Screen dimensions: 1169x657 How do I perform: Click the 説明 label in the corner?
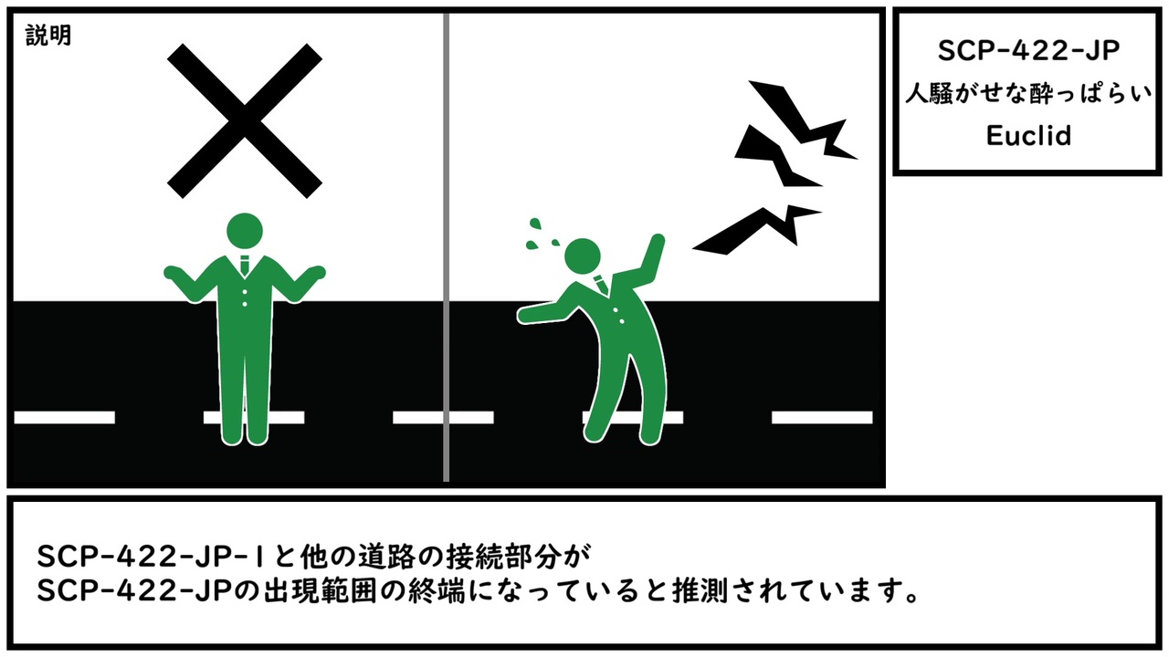[x=48, y=36]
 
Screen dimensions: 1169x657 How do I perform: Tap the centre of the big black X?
[x=244, y=121]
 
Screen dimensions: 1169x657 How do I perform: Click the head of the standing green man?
[x=244, y=231]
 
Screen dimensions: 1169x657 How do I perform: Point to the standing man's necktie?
[x=244, y=266]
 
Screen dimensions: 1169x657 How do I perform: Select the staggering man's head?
[x=583, y=256]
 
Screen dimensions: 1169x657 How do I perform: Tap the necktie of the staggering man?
[x=601, y=285]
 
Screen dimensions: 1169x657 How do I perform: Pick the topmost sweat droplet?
[x=535, y=224]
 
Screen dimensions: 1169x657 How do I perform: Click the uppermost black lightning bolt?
[x=803, y=119]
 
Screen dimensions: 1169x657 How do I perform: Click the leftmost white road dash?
[x=65, y=417]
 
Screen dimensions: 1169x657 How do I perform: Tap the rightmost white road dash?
[x=822, y=417]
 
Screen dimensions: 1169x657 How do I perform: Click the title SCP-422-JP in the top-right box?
[x=1028, y=51]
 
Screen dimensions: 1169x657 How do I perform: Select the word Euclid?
[x=1028, y=136]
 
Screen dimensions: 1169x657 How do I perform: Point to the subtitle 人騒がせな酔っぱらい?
[x=1028, y=94]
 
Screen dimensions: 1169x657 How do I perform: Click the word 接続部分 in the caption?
[x=504, y=557]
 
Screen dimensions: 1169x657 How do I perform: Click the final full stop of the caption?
[x=912, y=598]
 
